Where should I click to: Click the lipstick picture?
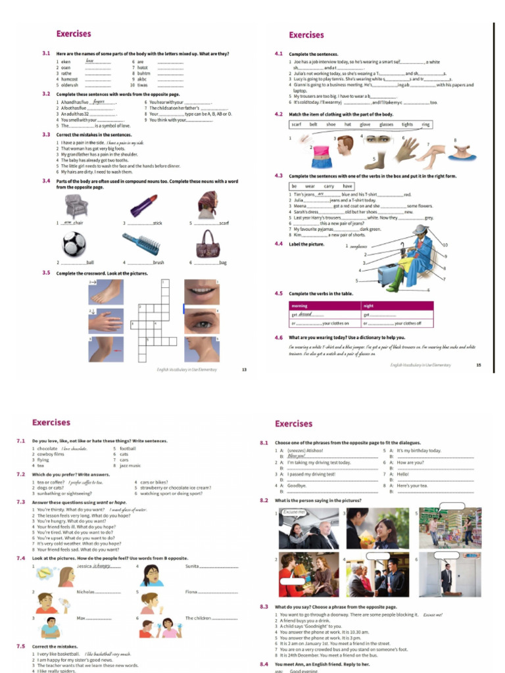(x=143, y=206)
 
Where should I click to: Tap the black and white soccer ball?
(x=74, y=244)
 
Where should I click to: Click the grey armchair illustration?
(x=76, y=206)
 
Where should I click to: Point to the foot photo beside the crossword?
(x=107, y=292)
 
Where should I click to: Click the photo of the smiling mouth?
(x=202, y=291)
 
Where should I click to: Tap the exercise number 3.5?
(x=47, y=273)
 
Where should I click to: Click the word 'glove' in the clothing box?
(x=365, y=124)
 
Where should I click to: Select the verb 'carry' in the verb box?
(x=328, y=187)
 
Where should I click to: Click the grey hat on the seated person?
(x=420, y=229)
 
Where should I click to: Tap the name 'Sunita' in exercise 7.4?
(x=192, y=565)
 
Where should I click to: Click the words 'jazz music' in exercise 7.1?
(x=130, y=465)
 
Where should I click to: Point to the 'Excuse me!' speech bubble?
(x=294, y=512)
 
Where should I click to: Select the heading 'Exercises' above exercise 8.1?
(x=294, y=423)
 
